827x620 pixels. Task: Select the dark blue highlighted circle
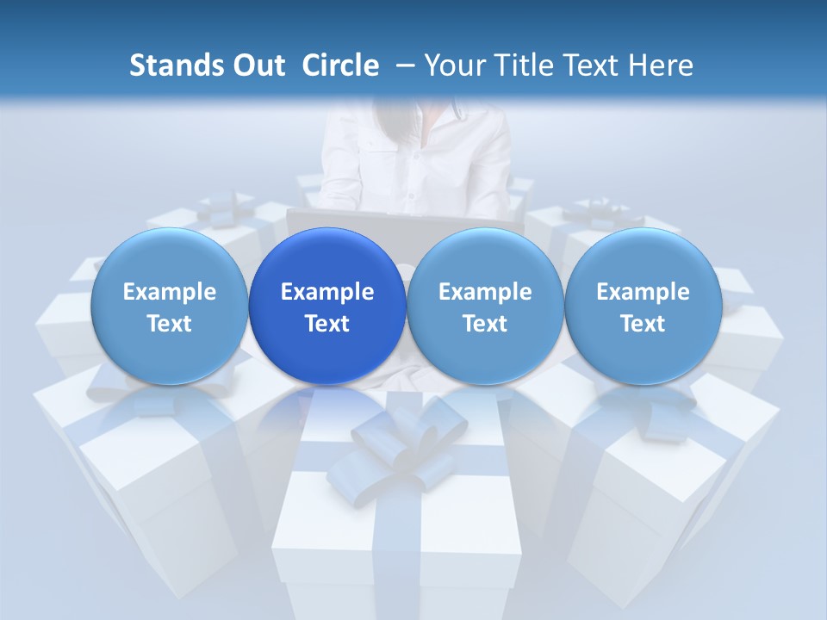pos(327,307)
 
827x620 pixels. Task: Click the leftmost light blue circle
pos(169,307)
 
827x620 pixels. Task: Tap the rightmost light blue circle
pos(643,307)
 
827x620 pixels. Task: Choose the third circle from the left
pos(485,307)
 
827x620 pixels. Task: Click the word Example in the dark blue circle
pos(327,292)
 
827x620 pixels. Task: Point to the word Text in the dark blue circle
pos(327,324)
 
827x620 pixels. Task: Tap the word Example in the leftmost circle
pos(169,292)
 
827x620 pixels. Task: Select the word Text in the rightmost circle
pos(643,324)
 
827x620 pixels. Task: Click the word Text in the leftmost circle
pos(169,324)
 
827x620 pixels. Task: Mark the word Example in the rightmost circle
pos(643,292)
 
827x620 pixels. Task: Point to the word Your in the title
pos(454,65)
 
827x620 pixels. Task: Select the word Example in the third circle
pos(485,292)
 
